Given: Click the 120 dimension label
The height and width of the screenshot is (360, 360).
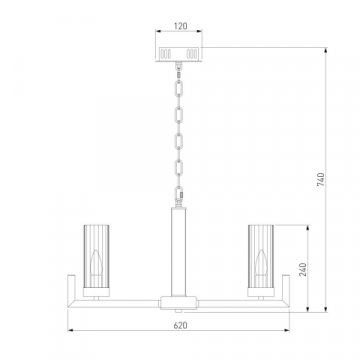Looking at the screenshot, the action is click(x=181, y=26).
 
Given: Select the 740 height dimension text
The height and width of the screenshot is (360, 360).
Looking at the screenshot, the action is click(x=320, y=180).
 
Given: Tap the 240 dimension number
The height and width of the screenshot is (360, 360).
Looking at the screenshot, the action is click(x=303, y=270).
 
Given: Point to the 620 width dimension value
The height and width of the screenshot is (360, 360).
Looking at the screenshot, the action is click(x=180, y=325).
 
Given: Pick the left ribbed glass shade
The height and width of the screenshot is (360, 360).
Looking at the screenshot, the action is click(x=96, y=256).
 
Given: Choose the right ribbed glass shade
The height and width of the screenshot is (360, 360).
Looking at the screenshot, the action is click(x=261, y=256).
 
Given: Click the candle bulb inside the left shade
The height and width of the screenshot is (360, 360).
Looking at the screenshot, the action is click(x=96, y=263).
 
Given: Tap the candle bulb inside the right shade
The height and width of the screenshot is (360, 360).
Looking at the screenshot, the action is click(x=261, y=263).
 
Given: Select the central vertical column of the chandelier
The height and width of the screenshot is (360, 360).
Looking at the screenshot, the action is click(x=179, y=252).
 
